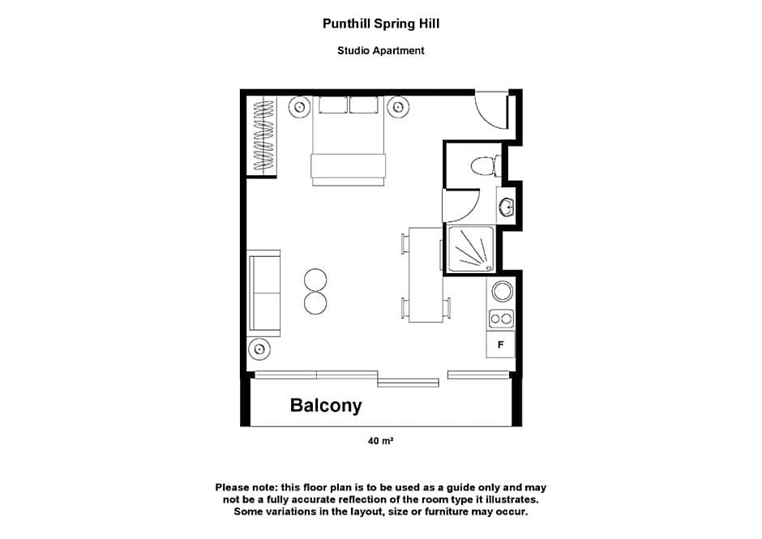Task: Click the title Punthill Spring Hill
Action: tap(380, 24)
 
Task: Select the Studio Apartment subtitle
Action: tap(380, 50)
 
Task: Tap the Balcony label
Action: tap(326, 405)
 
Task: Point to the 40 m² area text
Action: tap(380, 442)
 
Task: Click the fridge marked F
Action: tap(500, 345)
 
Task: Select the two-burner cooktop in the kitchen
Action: tap(501, 319)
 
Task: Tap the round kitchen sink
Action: tap(501, 292)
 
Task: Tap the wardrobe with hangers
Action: tap(262, 135)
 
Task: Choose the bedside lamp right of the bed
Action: tap(398, 106)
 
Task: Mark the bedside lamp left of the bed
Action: tap(298, 106)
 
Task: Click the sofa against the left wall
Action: tap(263, 293)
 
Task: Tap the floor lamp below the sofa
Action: tap(259, 349)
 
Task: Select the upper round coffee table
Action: tap(315, 280)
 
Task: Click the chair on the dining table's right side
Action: tap(447, 308)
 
